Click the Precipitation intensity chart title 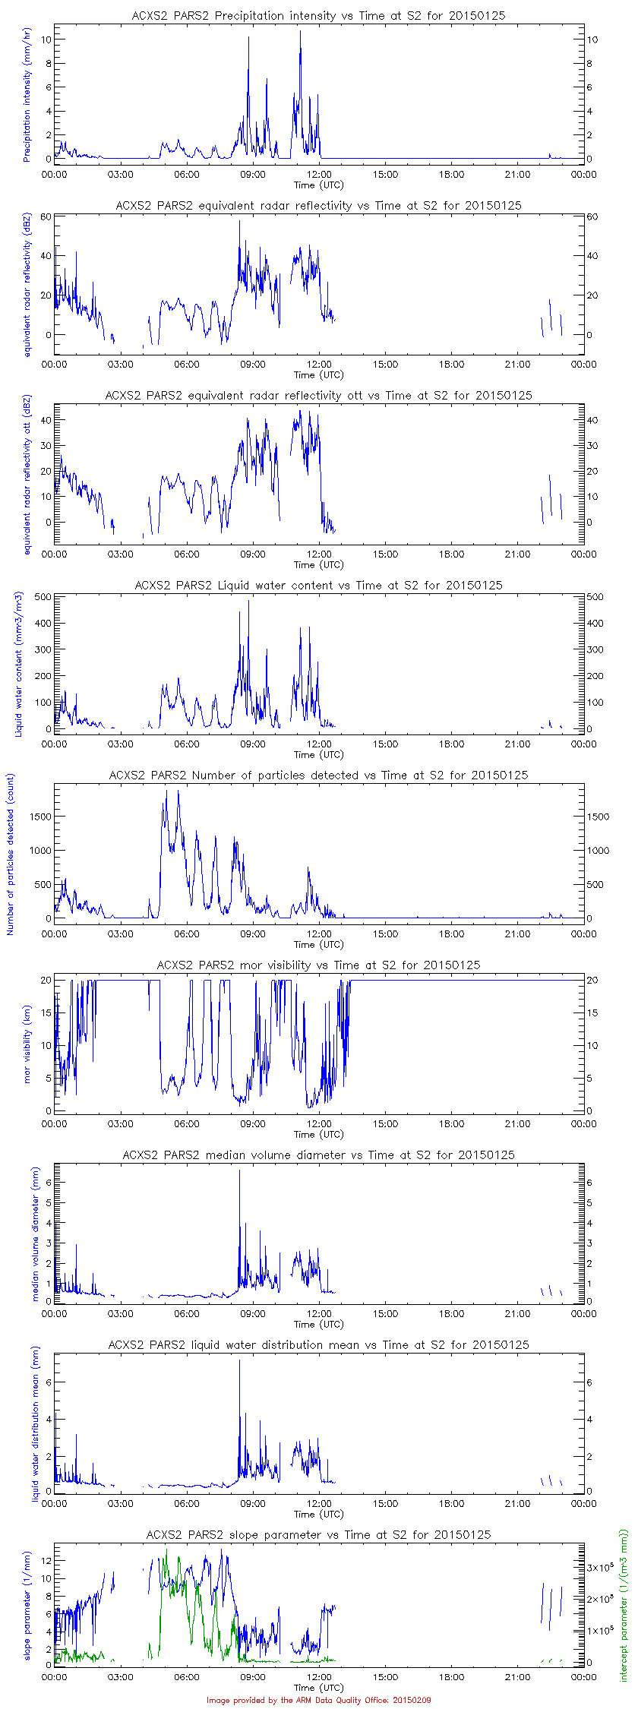pos(319,15)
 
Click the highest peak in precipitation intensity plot pos(300,32)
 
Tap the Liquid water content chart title pos(319,585)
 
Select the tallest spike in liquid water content pos(248,602)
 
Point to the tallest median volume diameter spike pos(239,1170)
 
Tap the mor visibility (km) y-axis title pos(28,1046)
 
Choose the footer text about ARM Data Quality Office pos(319,1700)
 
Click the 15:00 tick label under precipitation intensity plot pos(385,174)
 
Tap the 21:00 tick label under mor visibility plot pos(518,1123)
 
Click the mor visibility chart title pos(319,965)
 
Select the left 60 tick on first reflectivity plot pos(46,216)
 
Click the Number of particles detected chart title pos(319,775)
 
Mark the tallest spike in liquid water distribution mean pos(239,1360)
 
